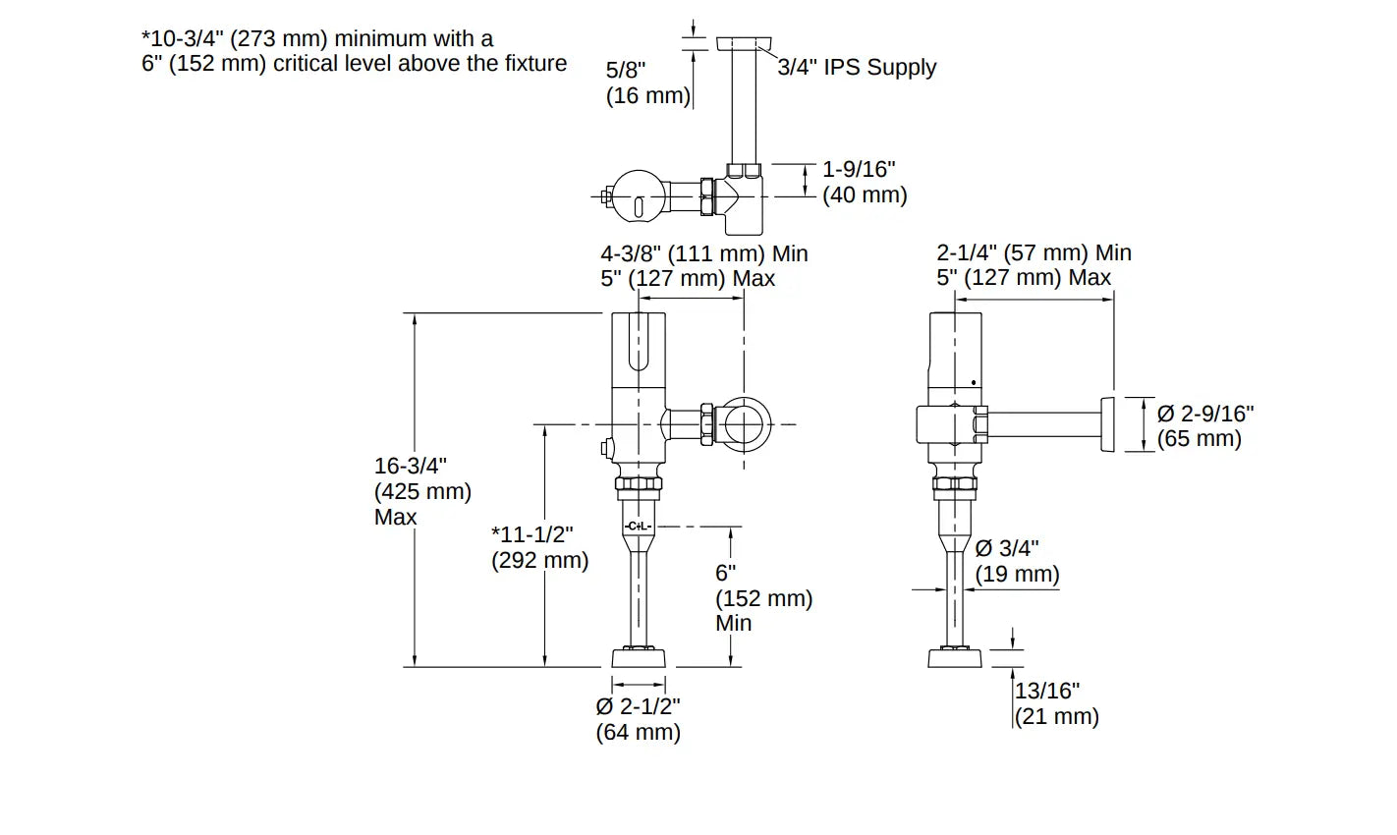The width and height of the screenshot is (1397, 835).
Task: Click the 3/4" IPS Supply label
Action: pos(857,68)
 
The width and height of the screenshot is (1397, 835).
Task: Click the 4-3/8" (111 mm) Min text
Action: pos(704,253)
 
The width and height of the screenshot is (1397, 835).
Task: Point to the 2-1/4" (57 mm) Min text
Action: pos(1034,253)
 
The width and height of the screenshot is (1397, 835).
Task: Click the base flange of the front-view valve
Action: pos(639,657)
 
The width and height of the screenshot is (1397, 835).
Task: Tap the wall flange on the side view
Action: pos(1108,425)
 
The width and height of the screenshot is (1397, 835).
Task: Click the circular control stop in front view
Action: pos(746,424)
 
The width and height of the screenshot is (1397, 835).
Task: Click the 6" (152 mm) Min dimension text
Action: pos(762,597)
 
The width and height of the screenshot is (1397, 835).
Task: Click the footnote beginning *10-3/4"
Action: pos(354,51)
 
